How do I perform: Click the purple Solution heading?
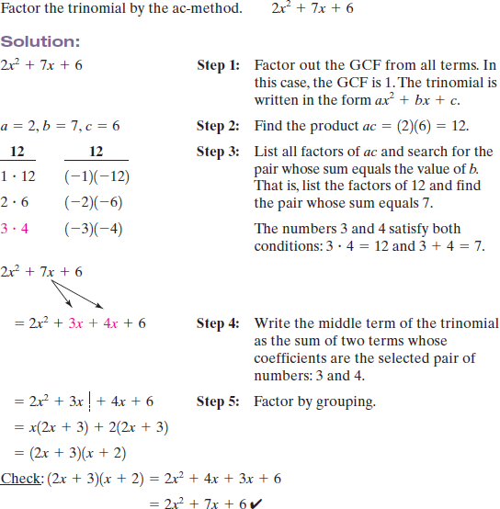click(x=41, y=43)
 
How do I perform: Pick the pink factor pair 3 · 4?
click(x=15, y=229)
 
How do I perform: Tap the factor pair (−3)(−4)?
click(x=88, y=229)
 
